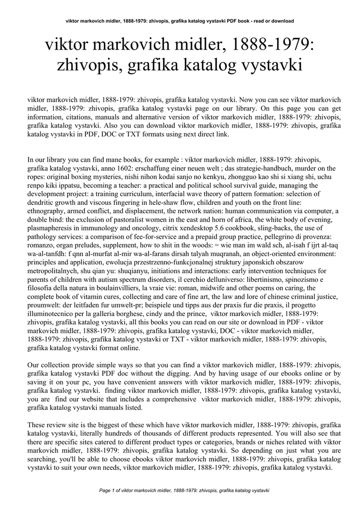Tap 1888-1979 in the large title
click(271, 47)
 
